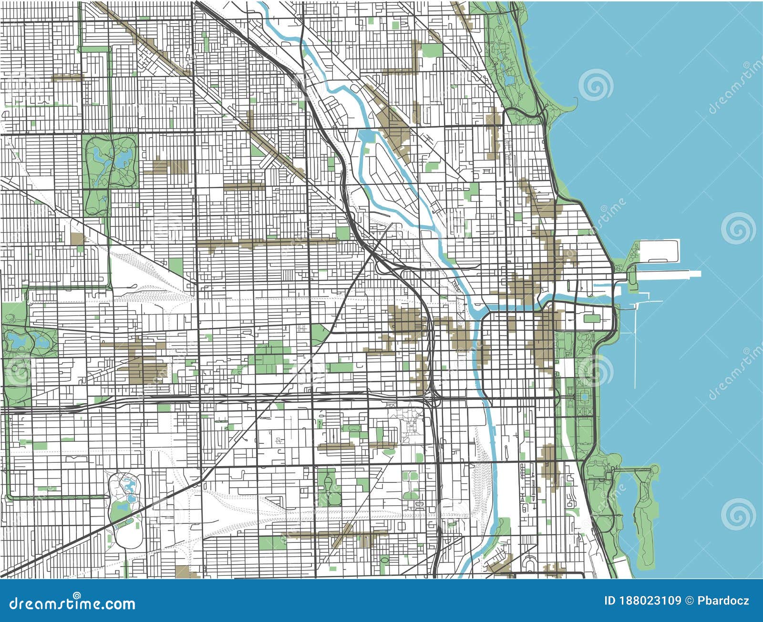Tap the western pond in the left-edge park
(14, 340)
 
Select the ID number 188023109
(656, 601)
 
